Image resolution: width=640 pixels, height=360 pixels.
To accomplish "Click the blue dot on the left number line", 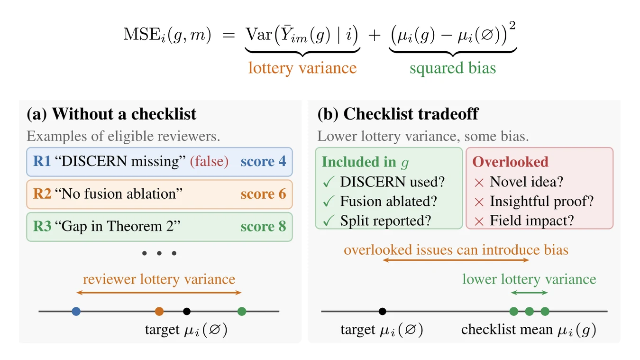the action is pyautogui.click(x=76, y=311).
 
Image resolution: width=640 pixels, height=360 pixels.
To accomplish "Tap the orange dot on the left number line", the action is pyautogui.click(x=159, y=311).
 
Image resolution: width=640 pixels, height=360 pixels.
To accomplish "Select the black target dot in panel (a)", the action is pyautogui.click(x=187, y=311).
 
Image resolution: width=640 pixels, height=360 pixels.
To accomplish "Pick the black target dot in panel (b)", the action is pyautogui.click(x=382, y=311).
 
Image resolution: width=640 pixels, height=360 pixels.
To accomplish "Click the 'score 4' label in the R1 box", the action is pyautogui.click(x=263, y=161).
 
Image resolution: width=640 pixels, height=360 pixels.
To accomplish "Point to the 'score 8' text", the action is pyautogui.click(x=263, y=226).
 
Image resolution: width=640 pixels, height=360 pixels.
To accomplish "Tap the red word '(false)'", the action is pyautogui.click(x=209, y=161).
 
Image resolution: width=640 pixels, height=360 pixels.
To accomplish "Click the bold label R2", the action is pyautogui.click(x=42, y=194).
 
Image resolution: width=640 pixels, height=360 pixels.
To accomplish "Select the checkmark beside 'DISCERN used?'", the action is pyautogui.click(x=329, y=182).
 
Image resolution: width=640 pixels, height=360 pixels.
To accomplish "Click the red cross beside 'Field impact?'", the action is pyautogui.click(x=479, y=222).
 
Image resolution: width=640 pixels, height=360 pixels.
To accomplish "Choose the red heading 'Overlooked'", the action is pyautogui.click(x=510, y=162).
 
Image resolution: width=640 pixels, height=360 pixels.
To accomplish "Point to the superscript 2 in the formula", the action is pyautogui.click(x=512, y=26).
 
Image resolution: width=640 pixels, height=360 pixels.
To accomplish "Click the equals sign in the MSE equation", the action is pyautogui.click(x=229, y=36).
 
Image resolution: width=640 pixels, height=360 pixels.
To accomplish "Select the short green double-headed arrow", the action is pyautogui.click(x=529, y=293).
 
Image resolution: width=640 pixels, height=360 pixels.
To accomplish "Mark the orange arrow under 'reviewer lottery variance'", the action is pyautogui.click(x=159, y=293).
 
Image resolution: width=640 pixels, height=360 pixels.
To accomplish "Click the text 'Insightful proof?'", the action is pyautogui.click(x=541, y=201).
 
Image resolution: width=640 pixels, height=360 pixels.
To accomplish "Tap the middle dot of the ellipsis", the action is pyautogui.click(x=159, y=253).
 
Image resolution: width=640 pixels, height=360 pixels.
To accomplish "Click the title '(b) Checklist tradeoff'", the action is pyautogui.click(x=398, y=114).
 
